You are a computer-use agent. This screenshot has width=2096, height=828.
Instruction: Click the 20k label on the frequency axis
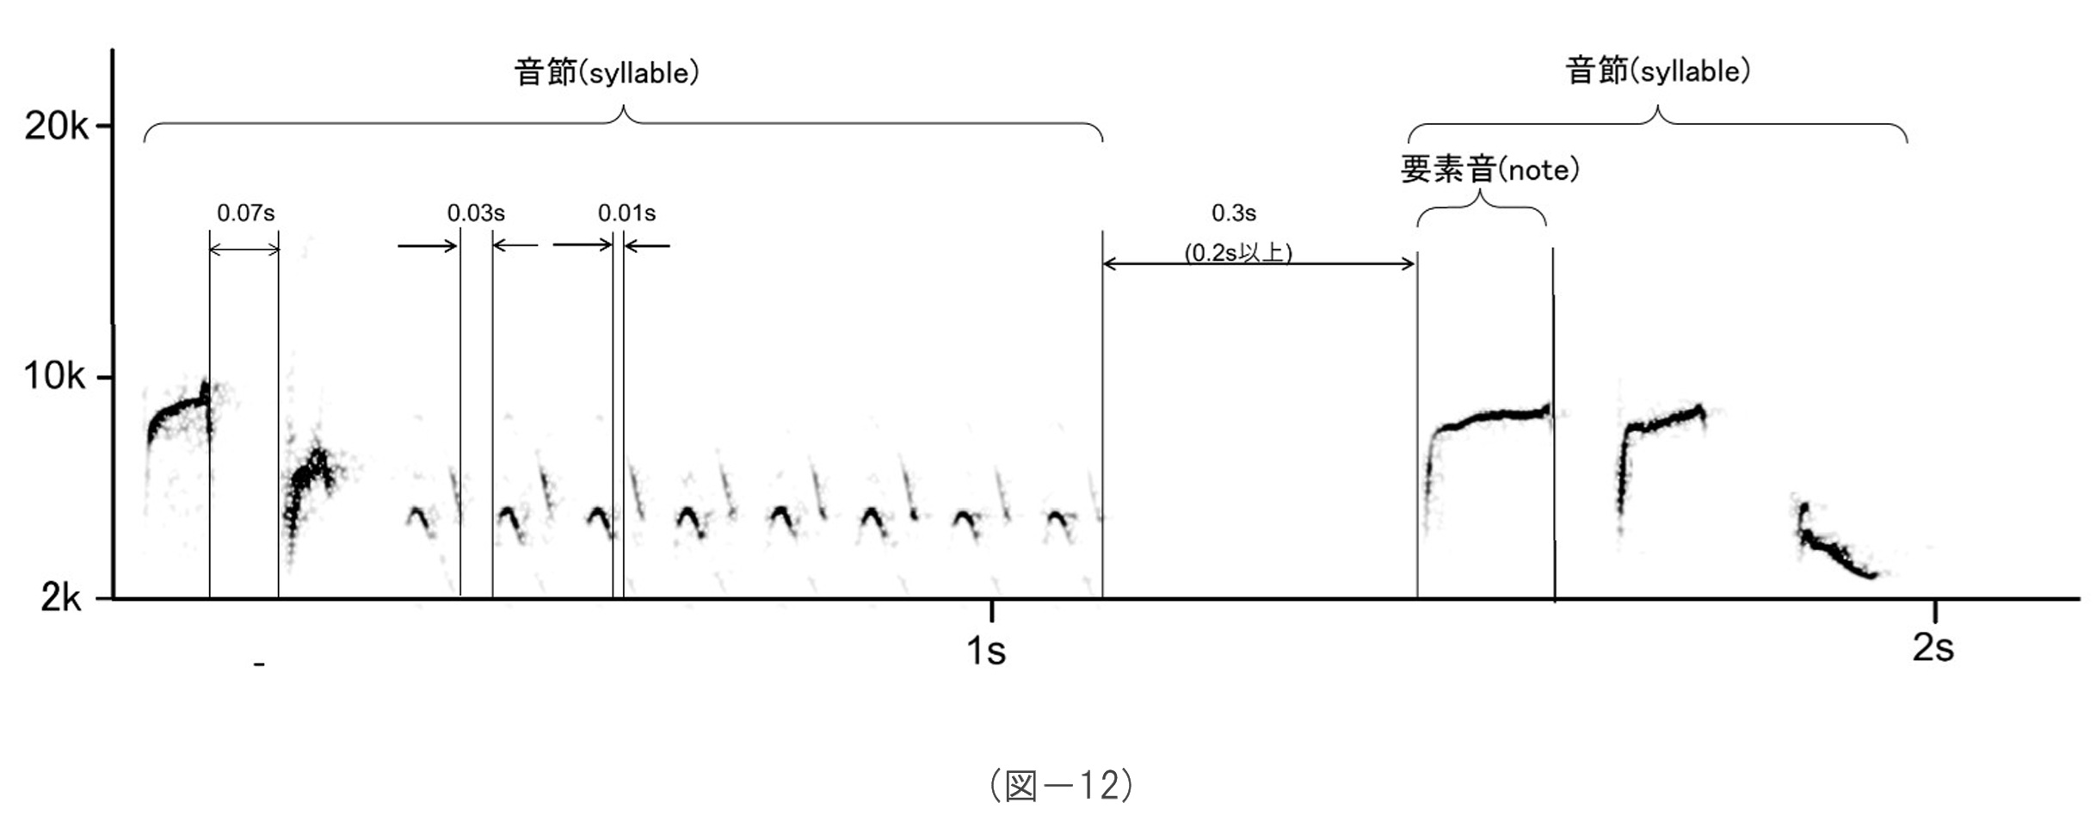[55, 127]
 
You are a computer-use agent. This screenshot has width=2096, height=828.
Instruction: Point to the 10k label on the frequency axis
[55, 376]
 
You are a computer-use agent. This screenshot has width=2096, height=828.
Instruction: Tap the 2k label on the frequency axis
[61, 596]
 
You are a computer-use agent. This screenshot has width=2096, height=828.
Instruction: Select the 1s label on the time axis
[986, 651]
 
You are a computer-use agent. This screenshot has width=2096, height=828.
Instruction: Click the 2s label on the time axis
[1933, 647]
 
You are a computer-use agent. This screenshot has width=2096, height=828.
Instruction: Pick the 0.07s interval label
[245, 213]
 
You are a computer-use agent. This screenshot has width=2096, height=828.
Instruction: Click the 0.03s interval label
[476, 213]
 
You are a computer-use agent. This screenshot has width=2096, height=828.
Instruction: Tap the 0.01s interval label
[626, 213]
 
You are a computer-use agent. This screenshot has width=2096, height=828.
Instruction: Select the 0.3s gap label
[1233, 213]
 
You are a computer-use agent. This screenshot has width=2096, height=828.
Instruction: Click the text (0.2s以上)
[1238, 253]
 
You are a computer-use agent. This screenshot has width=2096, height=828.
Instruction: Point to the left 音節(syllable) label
[607, 72]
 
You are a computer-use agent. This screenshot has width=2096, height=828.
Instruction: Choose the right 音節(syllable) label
[1657, 71]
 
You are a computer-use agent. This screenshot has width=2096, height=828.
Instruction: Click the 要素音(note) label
[1489, 170]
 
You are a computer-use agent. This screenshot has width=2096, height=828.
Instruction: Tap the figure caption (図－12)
[1061, 785]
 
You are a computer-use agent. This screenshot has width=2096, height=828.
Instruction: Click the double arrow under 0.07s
[244, 250]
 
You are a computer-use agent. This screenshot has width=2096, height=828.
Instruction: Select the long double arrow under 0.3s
[1259, 263]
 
